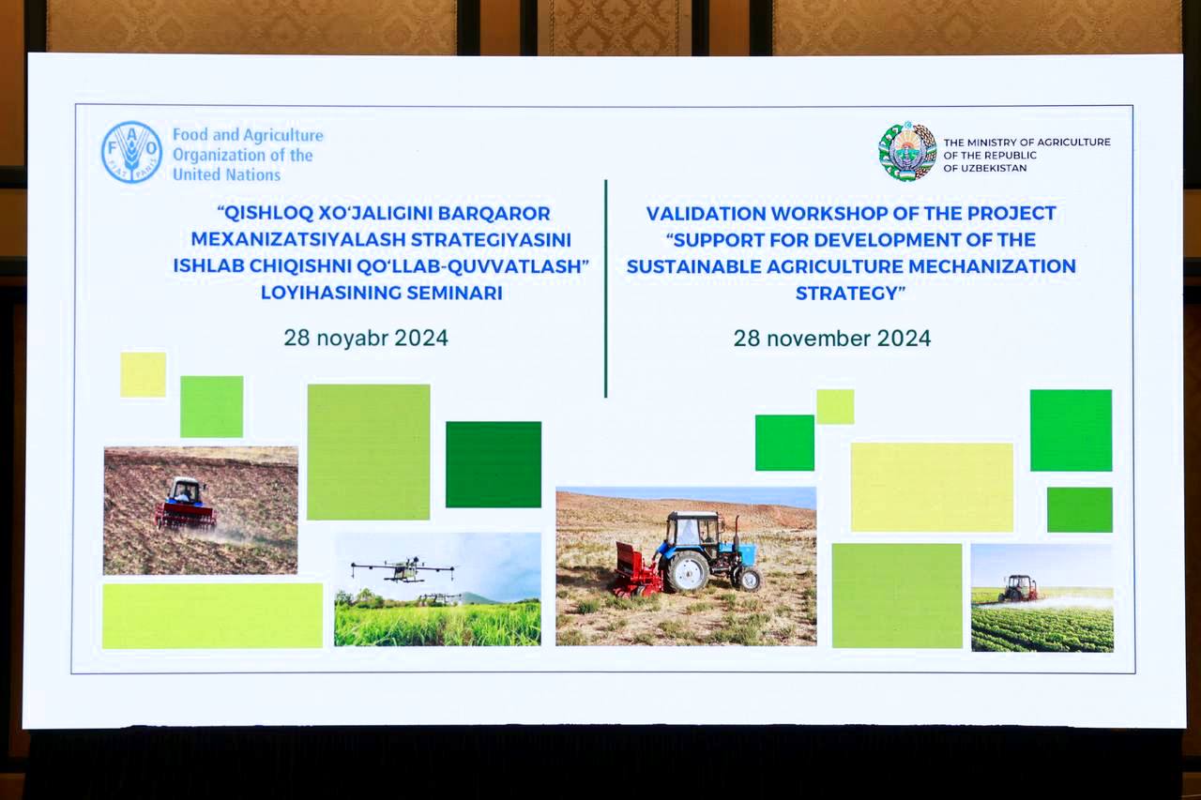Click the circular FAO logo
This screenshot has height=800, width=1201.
pos(131,152)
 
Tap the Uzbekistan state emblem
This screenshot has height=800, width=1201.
pos(907,152)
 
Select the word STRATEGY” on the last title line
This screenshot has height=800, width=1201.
pos(850,294)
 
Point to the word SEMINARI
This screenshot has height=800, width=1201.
pos(455,293)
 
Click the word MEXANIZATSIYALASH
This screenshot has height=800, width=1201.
pos(298,239)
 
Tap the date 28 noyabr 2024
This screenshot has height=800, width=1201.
pos(366,339)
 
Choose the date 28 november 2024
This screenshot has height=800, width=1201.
pos(831,339)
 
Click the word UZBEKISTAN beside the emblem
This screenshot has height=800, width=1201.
pos(992,168)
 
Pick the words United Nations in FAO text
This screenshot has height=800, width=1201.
pos(226,174)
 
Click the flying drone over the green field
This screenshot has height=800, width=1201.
pos(403,569)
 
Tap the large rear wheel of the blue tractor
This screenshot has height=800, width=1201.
pos(686,571)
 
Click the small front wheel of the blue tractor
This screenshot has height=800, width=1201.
pos(749,579)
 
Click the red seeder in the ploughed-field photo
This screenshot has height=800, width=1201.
pos(186,516)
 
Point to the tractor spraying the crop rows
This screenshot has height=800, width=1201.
pos(1018,588)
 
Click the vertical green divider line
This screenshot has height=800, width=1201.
pos(606,288)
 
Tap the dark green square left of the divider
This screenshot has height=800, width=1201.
pos(494,464)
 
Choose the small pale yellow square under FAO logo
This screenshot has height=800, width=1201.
pos(144,374)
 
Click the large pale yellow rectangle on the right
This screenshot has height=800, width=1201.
pos(932,487)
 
